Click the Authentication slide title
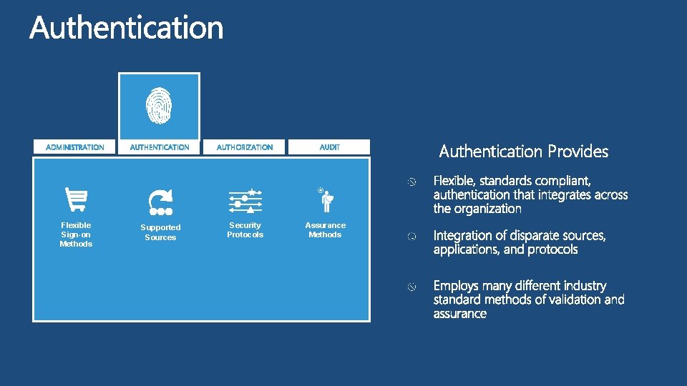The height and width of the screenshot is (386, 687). coord(127,29)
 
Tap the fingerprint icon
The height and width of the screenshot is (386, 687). coord(159,105)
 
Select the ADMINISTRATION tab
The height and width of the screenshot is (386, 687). coord(75,147)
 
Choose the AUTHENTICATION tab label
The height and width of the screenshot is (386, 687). coord(160,147)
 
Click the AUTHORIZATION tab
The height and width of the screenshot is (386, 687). coord(245,147)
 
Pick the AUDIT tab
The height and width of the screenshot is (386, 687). coord(330,147)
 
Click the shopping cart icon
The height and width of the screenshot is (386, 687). coord(76,199)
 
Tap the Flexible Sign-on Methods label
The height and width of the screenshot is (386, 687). coord(76,234)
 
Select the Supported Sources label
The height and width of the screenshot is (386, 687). coord(160,232)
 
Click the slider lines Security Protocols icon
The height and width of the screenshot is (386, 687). coord(245,202)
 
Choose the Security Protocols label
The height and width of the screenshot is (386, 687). coord(245,229)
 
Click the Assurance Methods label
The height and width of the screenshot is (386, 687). coord(326,229)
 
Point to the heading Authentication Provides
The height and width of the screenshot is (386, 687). coord(523,152)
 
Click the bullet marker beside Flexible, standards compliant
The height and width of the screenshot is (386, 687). coord(411,183)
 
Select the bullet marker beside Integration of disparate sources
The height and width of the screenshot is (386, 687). coord(411,237)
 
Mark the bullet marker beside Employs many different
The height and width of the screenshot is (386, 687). coord(411,287)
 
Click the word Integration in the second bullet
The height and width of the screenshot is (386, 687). coord(462,236)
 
